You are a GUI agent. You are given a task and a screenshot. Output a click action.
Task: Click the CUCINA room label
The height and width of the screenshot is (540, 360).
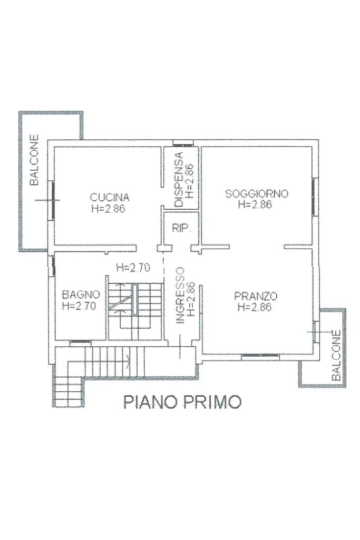coord(110,198)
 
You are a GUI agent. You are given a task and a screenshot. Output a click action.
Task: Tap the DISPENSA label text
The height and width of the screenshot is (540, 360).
coord(179,180)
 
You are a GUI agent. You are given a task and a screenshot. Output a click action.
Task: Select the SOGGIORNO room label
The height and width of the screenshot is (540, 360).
coord(256,193)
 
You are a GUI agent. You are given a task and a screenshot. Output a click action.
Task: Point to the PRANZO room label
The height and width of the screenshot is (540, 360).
coord(256,296)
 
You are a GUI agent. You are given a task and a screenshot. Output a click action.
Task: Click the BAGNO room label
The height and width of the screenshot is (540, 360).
coord(81,294)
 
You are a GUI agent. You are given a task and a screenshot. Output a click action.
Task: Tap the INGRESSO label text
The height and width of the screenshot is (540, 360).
coord(180,296)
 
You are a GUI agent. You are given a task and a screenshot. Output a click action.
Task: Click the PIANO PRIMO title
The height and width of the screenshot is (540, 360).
coord(182,401)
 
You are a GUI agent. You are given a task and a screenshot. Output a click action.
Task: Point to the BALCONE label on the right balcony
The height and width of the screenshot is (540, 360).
coord(336,356)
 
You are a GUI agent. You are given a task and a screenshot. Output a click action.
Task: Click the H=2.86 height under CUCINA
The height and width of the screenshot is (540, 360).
coord(108,209)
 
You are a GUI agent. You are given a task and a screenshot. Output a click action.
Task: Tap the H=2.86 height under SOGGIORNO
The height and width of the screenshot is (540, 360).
coord(255,204)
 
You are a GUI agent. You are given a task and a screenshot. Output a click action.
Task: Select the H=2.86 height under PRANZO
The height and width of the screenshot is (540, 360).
coord(255,307)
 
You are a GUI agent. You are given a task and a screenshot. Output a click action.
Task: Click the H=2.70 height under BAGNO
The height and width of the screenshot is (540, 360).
coord(79,306)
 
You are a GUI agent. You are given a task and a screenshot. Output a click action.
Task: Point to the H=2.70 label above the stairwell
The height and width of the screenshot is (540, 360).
coord(133,268)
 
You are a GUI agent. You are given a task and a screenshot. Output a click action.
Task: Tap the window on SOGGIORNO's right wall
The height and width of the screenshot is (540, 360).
coord(315,197)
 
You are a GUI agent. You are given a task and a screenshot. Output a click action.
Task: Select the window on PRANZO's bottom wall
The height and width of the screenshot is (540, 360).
coord(260,357)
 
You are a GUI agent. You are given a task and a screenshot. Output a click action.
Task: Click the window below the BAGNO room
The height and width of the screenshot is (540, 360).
coord(80,342)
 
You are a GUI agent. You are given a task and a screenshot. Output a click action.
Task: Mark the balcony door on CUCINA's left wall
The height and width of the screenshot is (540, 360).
coord(53,200)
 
